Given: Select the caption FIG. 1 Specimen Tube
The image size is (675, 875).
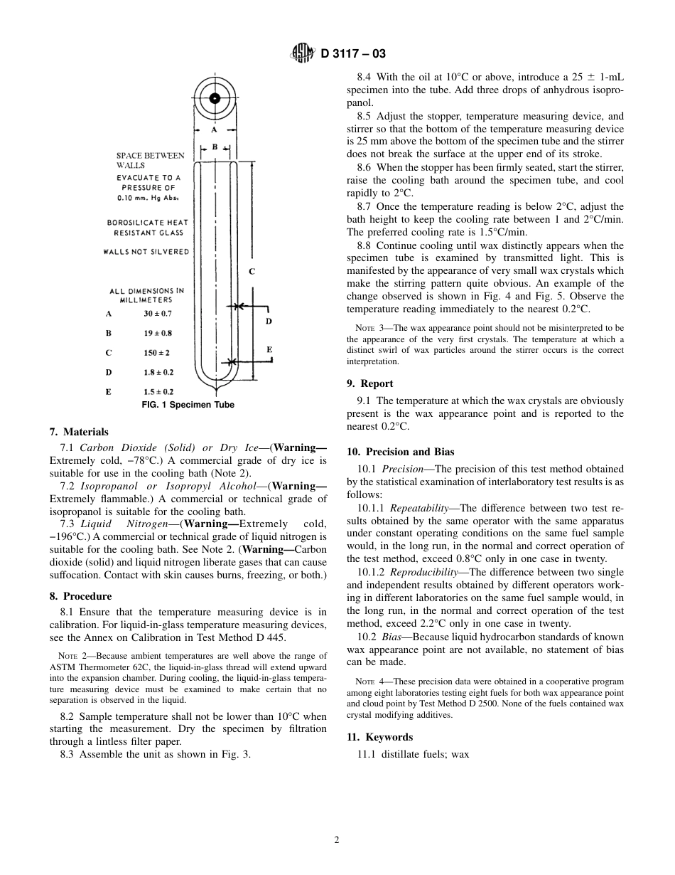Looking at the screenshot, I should point(188,405).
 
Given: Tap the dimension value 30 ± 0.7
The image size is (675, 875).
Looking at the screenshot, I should point(158,313).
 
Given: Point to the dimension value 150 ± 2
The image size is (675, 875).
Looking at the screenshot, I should point(156,353).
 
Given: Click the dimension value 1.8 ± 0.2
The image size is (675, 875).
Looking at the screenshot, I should point(158,372).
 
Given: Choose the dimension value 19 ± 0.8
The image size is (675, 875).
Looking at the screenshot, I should point(158,333).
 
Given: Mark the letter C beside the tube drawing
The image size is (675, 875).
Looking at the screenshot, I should point(252,271).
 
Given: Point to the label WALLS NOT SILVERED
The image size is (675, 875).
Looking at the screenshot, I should point(146,252).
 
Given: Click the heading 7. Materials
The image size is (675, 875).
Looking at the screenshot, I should point(79,432).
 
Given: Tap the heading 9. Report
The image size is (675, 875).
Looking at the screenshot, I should point(369,383).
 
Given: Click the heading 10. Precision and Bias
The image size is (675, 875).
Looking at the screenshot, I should point(400,452).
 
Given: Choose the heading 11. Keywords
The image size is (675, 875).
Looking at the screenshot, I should point(379,737).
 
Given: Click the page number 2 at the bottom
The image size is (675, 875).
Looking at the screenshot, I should point(337,839).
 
